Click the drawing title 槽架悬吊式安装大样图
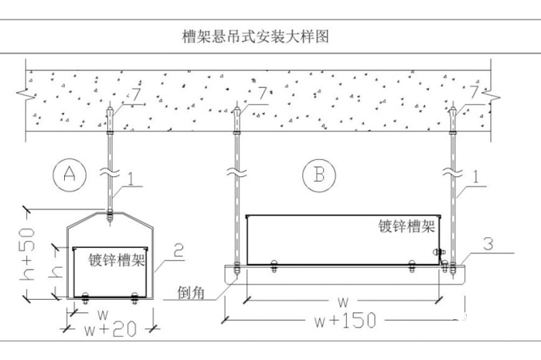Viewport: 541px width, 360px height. pyautogui.click(x=254, y=36)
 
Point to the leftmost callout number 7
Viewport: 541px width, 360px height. pyautogui.click(x=136, y=94)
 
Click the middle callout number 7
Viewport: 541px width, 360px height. pyautogui.click(x=263, y=94)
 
